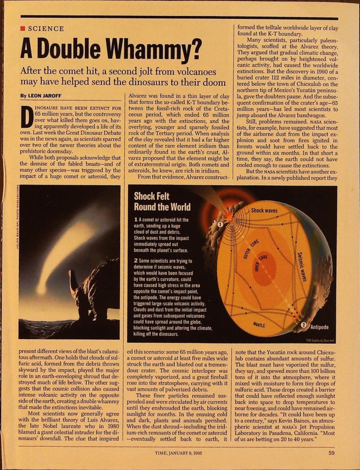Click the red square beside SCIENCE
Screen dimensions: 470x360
click(x=22, y=29)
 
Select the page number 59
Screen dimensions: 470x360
click(x=331, y=454)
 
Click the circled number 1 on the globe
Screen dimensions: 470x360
click(x=220, y=224)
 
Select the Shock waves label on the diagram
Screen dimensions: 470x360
click(x=264, y=211)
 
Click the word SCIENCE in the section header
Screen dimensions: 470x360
click(x=46, y=29)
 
